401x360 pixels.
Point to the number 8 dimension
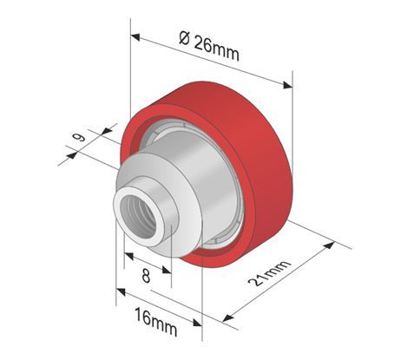146,278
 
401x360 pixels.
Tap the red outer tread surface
252,147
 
